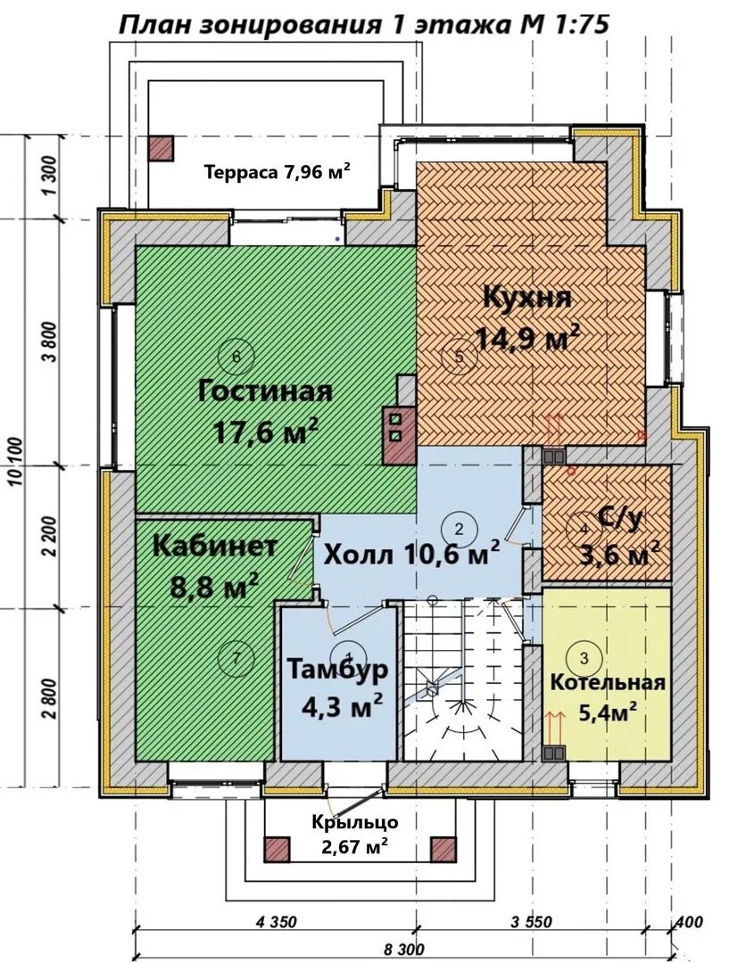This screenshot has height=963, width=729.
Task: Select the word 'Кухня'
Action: [x=527, y=298]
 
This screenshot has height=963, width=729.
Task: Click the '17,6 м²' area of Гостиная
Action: [x=266, y=432]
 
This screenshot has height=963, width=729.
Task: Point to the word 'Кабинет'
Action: [x=214, y=546]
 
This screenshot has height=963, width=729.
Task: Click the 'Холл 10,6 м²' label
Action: [x=410, y=555]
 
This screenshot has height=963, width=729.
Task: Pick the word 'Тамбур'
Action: [x=337, y=669]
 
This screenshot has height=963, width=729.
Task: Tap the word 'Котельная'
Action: [x=608, y=682]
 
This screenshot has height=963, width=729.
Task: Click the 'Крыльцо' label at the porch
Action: [x=354, y=822]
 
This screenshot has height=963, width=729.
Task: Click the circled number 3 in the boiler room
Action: [x=584, y=658]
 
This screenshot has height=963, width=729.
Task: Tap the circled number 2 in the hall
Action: [x=459, y=528]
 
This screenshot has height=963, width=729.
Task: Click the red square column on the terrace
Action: [x=161, y=148]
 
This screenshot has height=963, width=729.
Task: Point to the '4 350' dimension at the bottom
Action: [x=276, y=922]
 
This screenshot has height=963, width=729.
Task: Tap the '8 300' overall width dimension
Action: [x=403, y=950]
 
